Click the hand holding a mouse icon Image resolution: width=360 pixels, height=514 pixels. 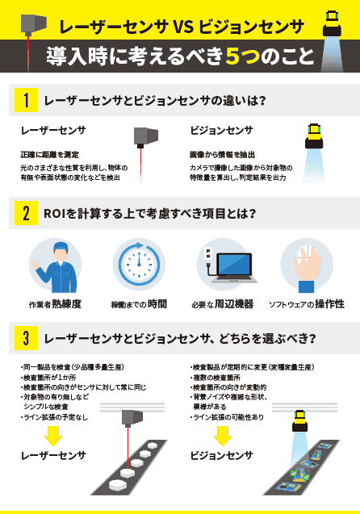pyautogui.click(x=307, y=266)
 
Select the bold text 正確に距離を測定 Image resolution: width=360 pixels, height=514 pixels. pyautogui.click(x=48, y=153)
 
